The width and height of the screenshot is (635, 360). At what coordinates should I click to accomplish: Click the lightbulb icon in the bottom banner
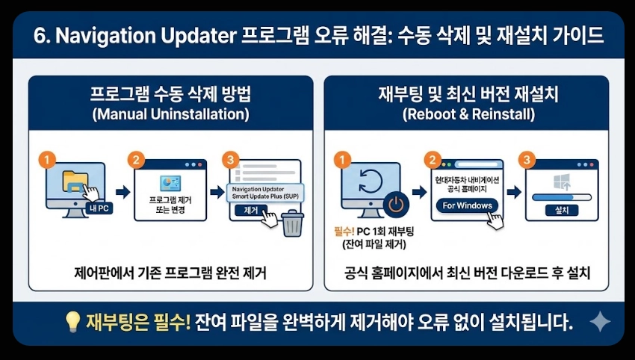tap(72, 322)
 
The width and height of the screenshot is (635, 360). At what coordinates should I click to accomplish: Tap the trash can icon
tap(293, 223)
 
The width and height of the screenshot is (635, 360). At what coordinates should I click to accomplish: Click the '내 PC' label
tap(99, 208)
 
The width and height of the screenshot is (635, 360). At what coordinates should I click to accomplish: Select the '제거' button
tap(251, 211)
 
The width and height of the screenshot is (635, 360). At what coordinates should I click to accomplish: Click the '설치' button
tap(563, 211)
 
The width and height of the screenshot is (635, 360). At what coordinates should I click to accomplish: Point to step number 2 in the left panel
tap(136, 159)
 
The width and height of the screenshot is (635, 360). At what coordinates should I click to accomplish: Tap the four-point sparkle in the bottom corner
tap(600, 322)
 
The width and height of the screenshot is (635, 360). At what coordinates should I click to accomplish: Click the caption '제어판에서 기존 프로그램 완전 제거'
tap(171, 274)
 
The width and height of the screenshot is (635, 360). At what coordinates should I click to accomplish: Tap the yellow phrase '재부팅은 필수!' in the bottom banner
tap(138, 322)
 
